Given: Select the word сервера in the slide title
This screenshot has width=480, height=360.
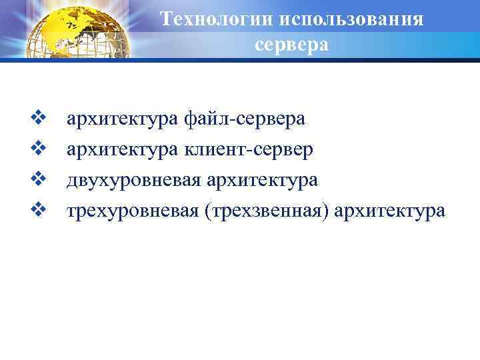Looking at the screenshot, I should click(291, 45).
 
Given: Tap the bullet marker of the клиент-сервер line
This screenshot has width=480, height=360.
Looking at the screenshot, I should click(37, 149).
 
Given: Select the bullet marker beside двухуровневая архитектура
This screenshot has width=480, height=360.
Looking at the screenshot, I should click(37, 179).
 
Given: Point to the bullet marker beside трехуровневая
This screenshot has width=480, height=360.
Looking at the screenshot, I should click(37, 210).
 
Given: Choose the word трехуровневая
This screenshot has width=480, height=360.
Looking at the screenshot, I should click(132, 211).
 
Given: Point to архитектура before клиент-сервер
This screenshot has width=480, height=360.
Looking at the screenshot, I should click(121, 149).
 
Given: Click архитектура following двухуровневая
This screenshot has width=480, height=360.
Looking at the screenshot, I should click(263, 180).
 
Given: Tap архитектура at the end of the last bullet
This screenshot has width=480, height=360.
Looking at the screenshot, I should click(391, 211).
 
